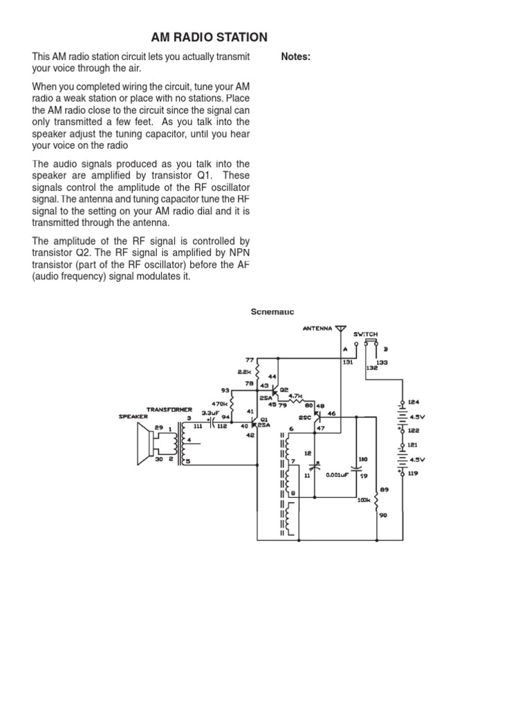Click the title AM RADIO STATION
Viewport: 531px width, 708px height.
pyautogui.click(x=209, y=37)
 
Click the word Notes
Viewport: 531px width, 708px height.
pyautogui.click(x=296, y=57)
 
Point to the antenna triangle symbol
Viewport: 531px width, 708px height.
pyautogui.click(x=339, y=328)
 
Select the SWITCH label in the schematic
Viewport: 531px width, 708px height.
pyautogui.click(x=366, y=334)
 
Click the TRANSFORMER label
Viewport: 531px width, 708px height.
pyautogui.click(x=169, y=409)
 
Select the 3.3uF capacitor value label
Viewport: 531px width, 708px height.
pyautogui.click(x=210, y=413)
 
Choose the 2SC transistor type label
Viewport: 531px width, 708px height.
pyautogui.click(x=304, y=418)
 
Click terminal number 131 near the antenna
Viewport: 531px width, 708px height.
pyautogui.click(x=347, y=362)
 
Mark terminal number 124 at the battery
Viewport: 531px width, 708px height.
pyautogui.click(x=413, y=402)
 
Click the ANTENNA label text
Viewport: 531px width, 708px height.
pyautogui.click(x=318, y=328)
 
